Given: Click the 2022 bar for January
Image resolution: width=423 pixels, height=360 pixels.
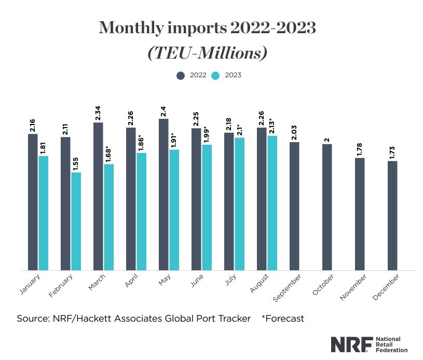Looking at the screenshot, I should pyautogui.click(x=33, y=202).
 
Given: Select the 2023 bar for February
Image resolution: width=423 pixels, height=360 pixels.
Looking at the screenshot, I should pyautogui.click(x=76, y=221).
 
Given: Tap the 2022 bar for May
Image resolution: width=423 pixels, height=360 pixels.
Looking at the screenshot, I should pyautogui.click(x=163, y=195).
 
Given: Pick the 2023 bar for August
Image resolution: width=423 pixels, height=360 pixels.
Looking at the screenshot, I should pyautogui.click(x=272, y=203).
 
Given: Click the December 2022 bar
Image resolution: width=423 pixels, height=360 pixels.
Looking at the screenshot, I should pyautogui.click(x=392, y=215).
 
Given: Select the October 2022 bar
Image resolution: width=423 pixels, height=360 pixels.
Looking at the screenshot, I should pyautogui.click(x=327, y=207).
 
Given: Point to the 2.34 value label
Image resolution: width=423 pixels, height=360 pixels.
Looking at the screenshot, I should pyautogui.click(x=98, y=113).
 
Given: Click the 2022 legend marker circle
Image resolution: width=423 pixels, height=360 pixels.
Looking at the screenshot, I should pyautogui.click(x=181, y=75).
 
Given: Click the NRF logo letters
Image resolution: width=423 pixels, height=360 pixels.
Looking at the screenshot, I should pyautogui.click(x=351, y=343).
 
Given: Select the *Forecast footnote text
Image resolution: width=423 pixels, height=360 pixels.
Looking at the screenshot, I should pyautogui.click(x=283, y=318).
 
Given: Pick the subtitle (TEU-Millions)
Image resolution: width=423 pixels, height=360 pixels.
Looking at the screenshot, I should pyautogui.click(x=208, y=52).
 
